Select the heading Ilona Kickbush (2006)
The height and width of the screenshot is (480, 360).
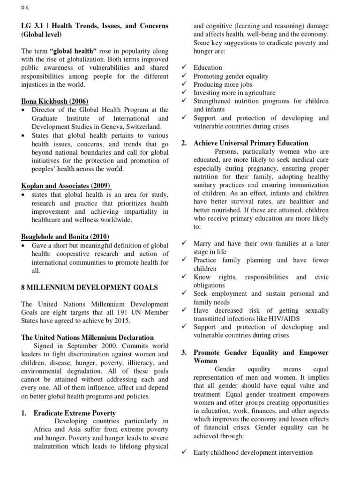54,101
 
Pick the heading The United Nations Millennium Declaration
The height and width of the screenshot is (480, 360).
88,337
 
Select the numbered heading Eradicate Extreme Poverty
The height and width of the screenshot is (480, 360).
75,413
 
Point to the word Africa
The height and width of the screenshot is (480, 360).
43,430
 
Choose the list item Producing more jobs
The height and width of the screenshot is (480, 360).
223,84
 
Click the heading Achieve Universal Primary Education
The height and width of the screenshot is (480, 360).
251,143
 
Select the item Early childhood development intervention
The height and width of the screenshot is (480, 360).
253,452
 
